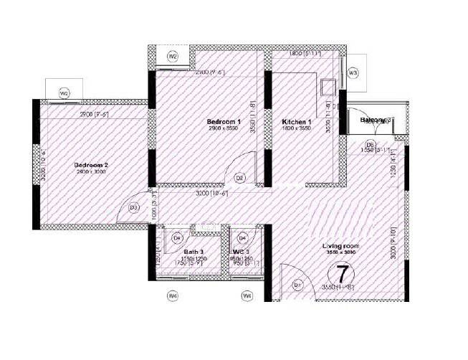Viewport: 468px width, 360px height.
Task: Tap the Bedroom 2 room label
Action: [x=91, y=166]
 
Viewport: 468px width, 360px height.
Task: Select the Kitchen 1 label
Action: [x=297, y=123]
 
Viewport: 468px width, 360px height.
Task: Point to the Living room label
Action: [x=341, y=246]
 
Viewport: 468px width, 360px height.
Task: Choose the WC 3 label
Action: [x=241, y=252]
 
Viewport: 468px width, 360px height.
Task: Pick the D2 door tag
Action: [x=240, y=178]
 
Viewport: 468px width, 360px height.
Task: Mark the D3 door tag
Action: [x=134, y=208]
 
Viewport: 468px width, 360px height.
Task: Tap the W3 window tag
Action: [x=353, y=74]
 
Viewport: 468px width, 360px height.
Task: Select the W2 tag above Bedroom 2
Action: [x=65, y=93]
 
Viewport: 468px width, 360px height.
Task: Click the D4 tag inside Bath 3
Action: [x=178, y=237]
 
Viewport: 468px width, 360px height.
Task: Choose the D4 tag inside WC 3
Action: [x=242, y=237]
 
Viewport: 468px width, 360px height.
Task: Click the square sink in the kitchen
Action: [x=327, y=87]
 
